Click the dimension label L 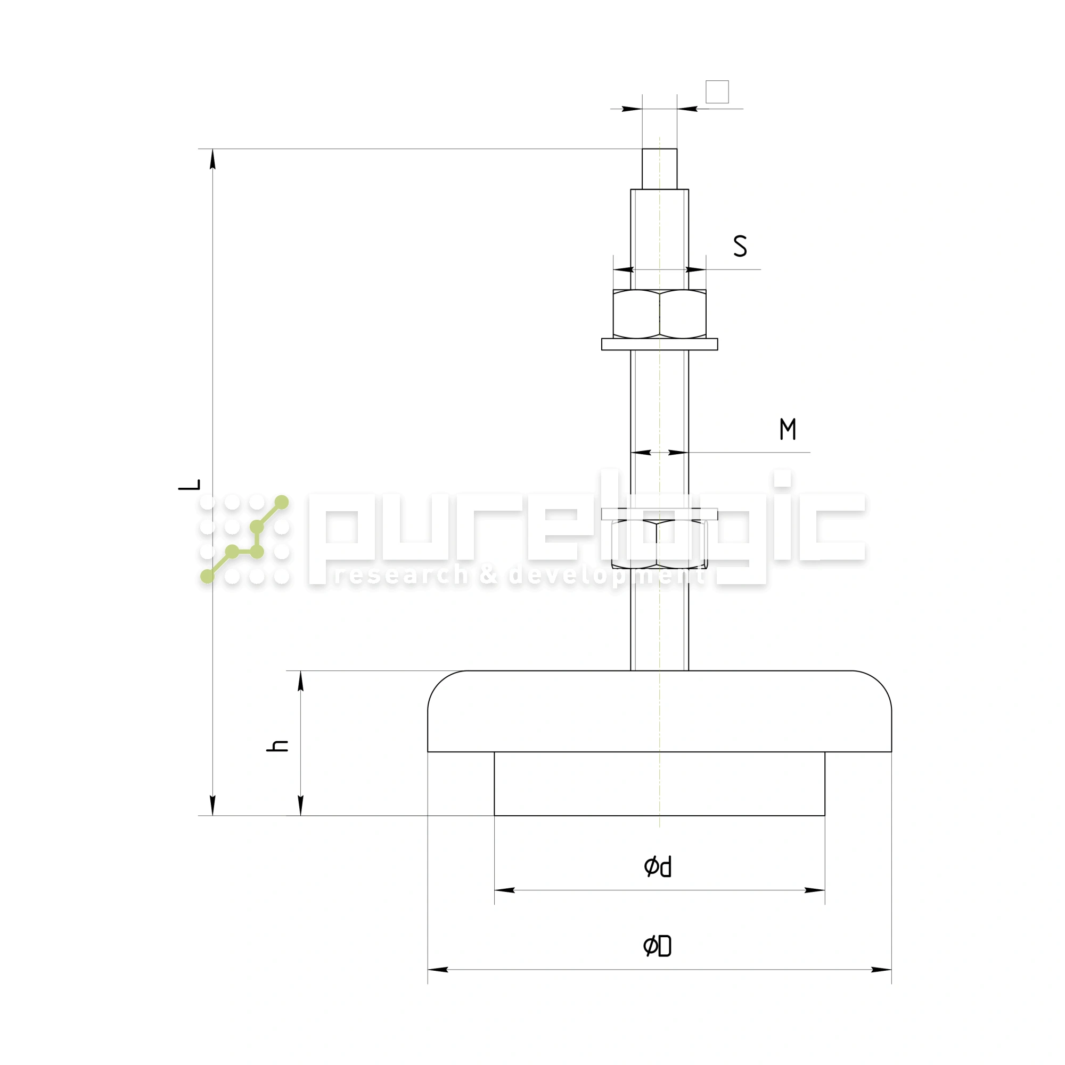tap(190, 485)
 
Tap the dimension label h tap(277, 746)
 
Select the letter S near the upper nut tap(740, 246)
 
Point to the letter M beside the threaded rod tap(787, 429)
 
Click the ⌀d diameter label tap(657, 866)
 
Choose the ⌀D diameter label tap(657, 946)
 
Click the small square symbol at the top tap(717, 92)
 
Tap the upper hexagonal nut tap(659, 314)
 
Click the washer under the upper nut tap(659, 344)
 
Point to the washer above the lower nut tap(659, 514)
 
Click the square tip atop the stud tap(659, 169)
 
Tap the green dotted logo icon tap(244, 538)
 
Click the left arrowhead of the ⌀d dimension tap(504, 890)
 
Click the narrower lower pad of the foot tap(659, 783)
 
